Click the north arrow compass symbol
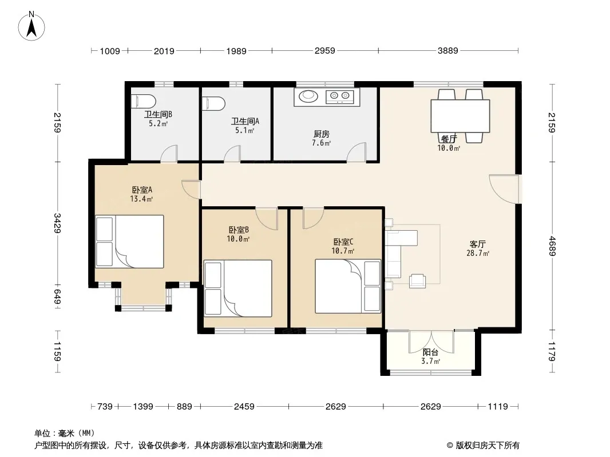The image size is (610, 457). (x=31, y=26)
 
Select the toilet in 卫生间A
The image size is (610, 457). (x=213, y=103)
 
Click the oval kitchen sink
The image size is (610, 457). (x=308, y=95)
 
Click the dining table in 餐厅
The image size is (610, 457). (x=460, y=116)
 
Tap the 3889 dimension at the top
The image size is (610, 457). (x=448, y=50)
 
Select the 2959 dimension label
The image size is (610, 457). (x=325, y=50)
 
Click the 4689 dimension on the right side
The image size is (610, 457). (x=552, y=246)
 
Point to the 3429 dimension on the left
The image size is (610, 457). (x=58, y=223)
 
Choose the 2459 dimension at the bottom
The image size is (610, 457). (x=244, y=407)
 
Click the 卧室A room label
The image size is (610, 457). (x=141, y=190)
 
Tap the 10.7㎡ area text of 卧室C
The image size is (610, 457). (x=343, y=251)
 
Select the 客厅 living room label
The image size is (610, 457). (x=477, y=244)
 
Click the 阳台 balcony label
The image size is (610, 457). (x=430, y=352)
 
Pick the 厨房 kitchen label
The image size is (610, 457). (x=322, y=134)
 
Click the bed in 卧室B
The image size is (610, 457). (x=237, y=288)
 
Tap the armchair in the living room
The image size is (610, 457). (x=417, y=281)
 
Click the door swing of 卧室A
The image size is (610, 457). (x=191, y=190)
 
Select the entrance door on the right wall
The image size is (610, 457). (x=504, y=189)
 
